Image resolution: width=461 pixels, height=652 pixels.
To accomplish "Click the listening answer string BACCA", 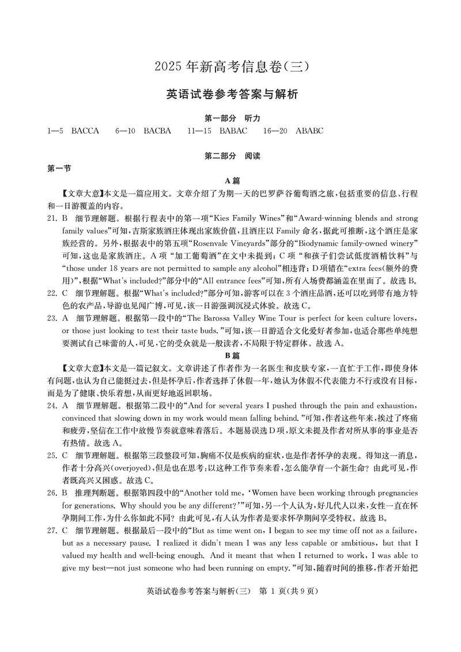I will [85, 131].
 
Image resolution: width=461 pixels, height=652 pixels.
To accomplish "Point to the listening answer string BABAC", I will [233, 131].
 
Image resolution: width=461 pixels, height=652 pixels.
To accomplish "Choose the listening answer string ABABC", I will [309, 131].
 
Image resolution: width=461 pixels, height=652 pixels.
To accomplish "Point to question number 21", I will [52, 218].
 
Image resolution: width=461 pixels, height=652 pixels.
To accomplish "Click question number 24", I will [52, 405].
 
